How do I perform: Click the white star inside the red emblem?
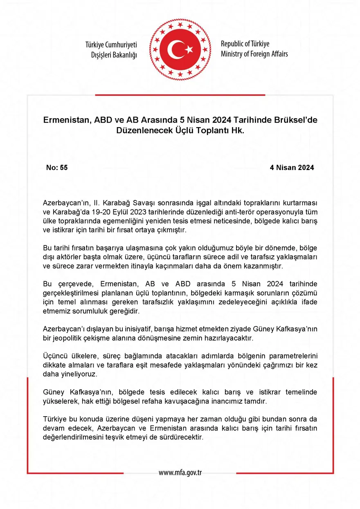(189, 49)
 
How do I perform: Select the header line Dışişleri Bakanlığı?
(114, 54)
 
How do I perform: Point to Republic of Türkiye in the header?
(245, 44)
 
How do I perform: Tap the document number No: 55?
(57, 168)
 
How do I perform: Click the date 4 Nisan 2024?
(292, 168)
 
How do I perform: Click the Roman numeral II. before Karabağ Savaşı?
(95, 203)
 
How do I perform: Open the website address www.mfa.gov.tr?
(180, 473)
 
